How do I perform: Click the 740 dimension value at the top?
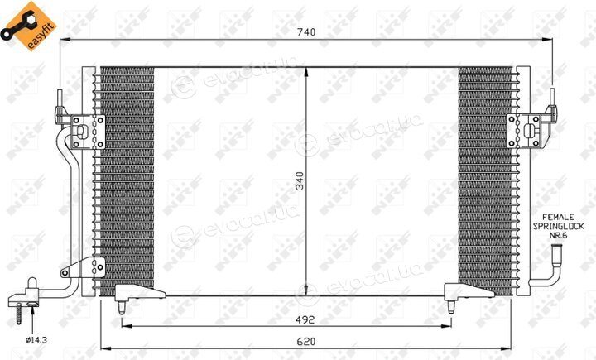tap(306, 32)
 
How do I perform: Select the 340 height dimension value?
tap(300, 181)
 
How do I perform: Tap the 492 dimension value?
tap(305, 319)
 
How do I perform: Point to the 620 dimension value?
tap(306, 342)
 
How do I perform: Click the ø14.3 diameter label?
tap(36, 340)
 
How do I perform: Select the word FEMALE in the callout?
tap(558, 217)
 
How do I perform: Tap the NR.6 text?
tap(558, 235)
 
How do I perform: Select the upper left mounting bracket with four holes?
tap(88, 132)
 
